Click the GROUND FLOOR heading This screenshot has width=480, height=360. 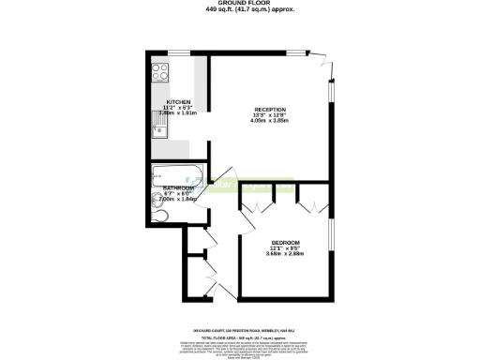coord(239,4)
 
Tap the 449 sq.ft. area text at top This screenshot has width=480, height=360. coord(239,9)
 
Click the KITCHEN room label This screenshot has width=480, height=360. coord(178,101)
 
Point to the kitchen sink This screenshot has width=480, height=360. coord(159,127)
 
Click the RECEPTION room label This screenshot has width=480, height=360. coord(269,111)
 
